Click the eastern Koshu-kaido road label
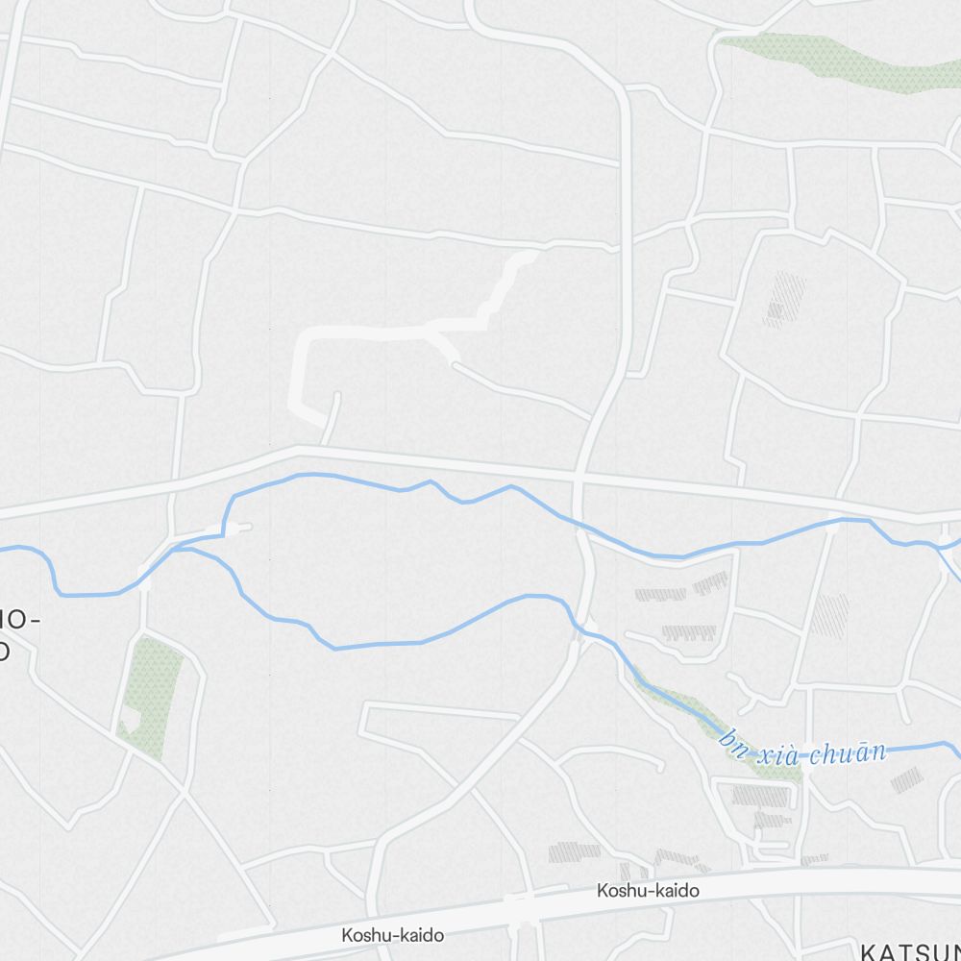pos(648,891)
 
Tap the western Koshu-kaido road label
pos(393,934)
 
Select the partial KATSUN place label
pos(909,951)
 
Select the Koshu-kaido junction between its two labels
pos(519,909)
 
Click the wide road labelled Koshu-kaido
pos(769,877)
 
